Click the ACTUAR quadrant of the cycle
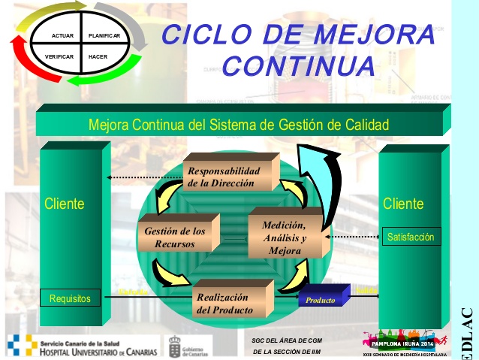pos(62,36)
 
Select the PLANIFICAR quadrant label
pos(104,36)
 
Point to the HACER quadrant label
pos(98,57)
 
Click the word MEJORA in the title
pos(375,35)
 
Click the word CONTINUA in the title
pos(299,65)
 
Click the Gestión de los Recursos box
pos(176,237)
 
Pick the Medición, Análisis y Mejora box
pos(283,237)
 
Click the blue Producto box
pos(321,300)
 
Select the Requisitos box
pos(70,298)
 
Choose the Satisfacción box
pos(411,237)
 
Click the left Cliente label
pos(64,203)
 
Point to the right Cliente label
pos(403,203)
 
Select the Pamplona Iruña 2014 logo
pos(398,342)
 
